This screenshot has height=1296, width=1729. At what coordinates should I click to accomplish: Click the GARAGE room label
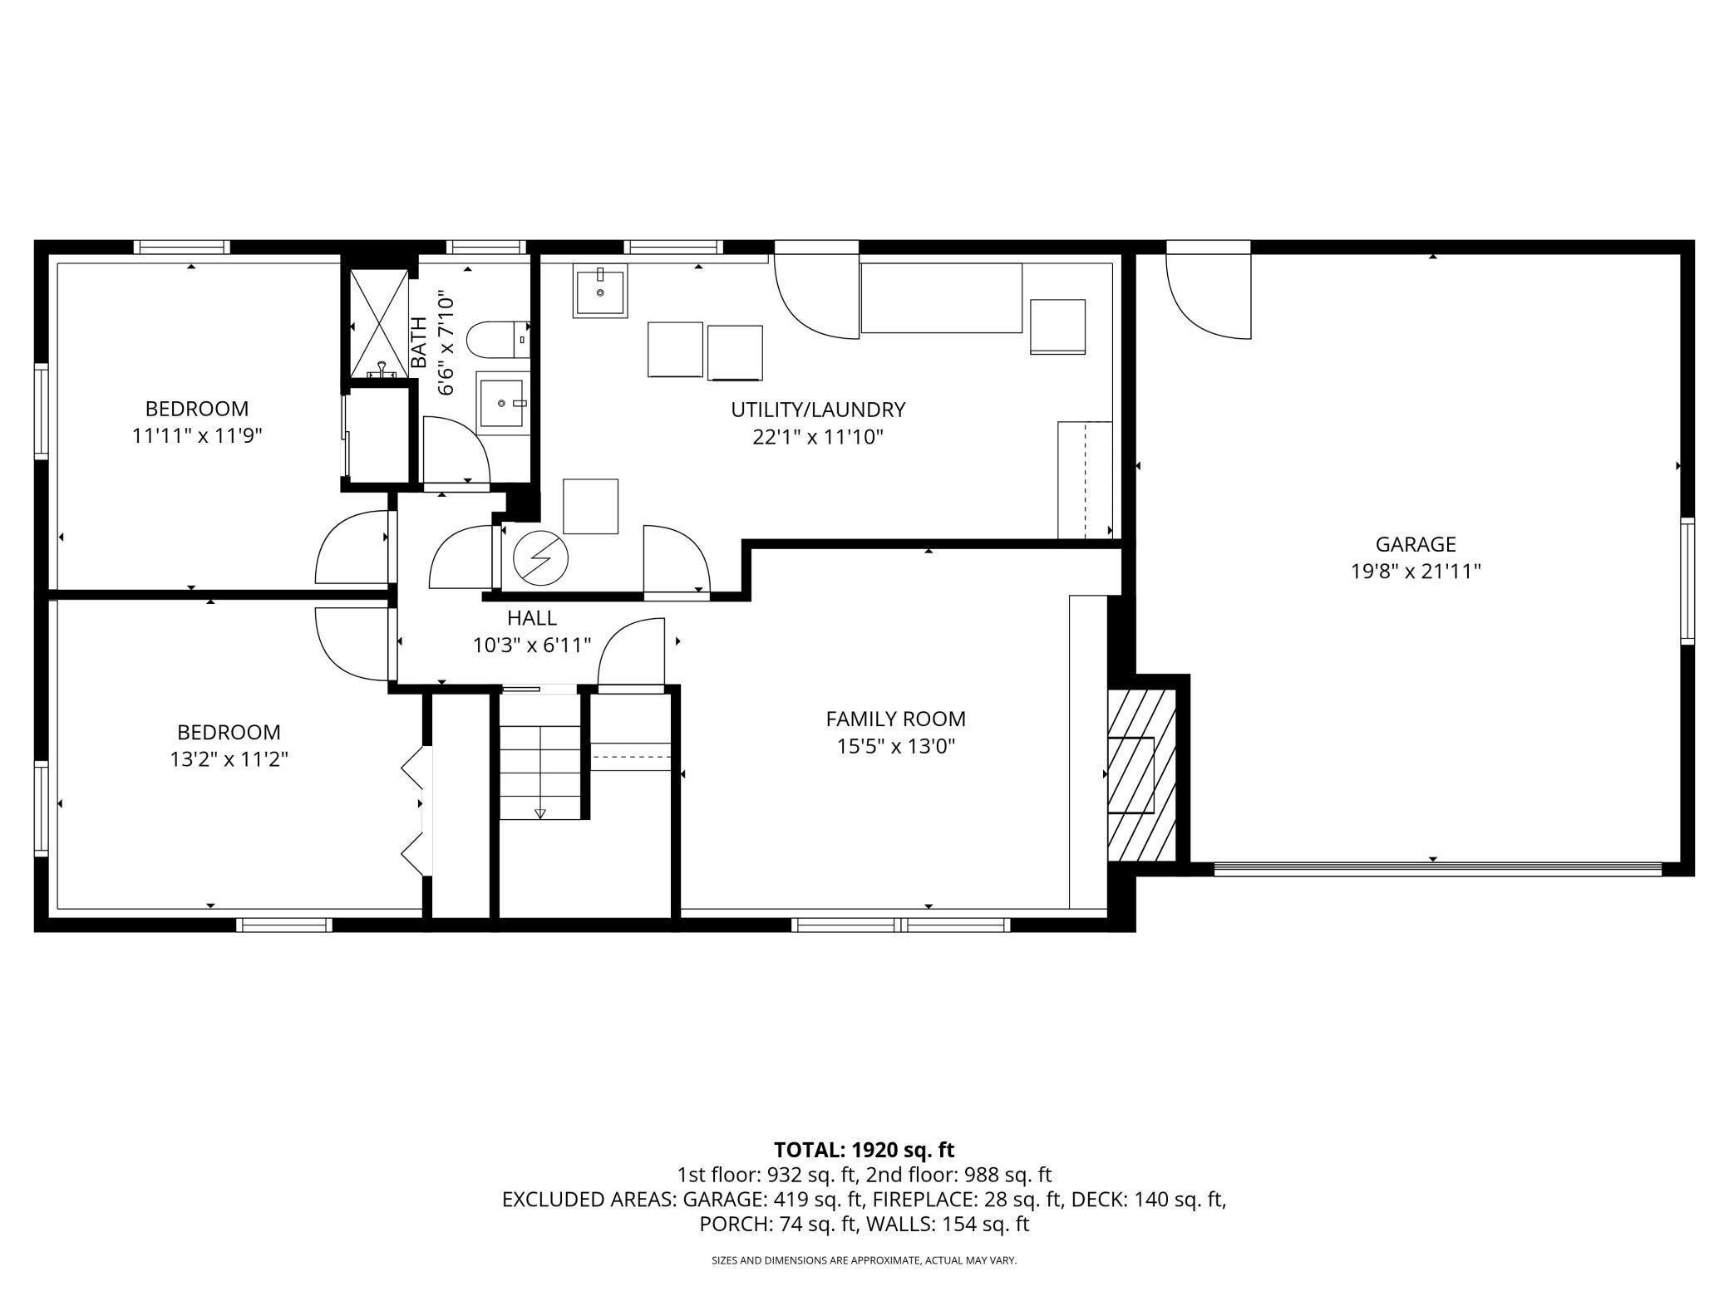point(1416,544)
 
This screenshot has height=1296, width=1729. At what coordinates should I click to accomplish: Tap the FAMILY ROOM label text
point(895,719)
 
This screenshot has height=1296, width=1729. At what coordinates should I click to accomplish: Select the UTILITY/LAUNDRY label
point(818,410)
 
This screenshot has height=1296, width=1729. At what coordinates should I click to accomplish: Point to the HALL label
point(532,618)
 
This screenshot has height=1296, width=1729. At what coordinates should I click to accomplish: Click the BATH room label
point(419,342)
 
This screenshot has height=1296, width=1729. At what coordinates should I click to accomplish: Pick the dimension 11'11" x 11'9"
point(197,436)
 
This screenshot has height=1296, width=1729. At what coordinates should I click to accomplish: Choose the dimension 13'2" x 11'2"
point(229,759)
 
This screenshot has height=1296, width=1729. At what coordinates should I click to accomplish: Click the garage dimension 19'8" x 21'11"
point(1416,572)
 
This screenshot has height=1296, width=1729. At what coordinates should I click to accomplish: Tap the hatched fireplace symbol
point(1142,775)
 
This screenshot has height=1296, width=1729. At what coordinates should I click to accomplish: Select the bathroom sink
point(503,403)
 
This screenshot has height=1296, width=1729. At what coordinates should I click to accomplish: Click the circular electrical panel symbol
point(540,557)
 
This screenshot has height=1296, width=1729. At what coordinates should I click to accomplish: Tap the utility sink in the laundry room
point(599,290)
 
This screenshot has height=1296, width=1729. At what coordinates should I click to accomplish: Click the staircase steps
point(540,772)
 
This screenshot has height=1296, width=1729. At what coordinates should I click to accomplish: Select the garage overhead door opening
point(1437,869)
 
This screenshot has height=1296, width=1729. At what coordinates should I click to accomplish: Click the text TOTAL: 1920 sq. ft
point(864,1150)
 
